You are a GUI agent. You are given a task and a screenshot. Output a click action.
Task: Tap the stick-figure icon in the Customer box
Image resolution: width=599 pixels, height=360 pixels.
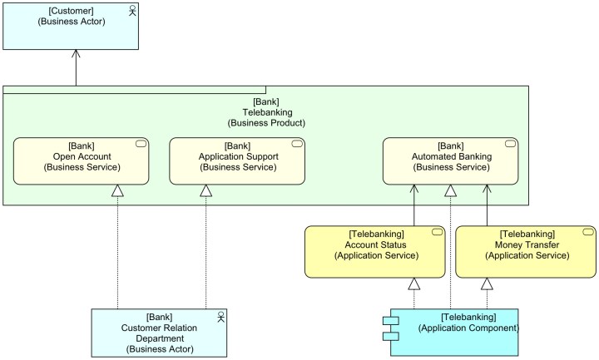tap(131, 9)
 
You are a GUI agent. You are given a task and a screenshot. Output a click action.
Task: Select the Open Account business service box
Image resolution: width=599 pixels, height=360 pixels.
tap(82, 160)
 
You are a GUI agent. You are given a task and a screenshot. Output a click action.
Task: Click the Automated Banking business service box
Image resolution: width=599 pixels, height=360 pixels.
tap(450, 160)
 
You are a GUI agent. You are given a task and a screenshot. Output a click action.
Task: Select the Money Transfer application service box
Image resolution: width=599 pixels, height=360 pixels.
tap(526, 250)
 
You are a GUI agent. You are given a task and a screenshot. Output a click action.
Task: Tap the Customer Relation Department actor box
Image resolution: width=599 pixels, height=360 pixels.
tap(159, 333)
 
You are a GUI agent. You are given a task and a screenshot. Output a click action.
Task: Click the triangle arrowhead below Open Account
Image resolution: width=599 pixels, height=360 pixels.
tap(117, 191)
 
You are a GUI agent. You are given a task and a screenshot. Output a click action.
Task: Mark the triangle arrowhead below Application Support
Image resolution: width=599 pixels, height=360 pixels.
tap(205, 191)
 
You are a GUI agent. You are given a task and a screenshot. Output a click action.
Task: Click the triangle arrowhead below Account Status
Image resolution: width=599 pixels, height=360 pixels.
tap(413, 284)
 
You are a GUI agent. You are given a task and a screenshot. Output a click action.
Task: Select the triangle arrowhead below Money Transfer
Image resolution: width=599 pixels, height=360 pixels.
tap(488, 284)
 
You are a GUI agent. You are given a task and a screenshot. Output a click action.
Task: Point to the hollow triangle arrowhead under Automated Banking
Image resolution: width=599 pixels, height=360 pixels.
tap(450, 191)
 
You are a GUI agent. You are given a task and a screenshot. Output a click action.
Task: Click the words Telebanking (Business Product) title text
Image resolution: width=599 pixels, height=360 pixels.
tap(266, 113)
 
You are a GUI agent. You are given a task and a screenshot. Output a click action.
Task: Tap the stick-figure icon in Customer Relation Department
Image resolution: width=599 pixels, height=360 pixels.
tap(220, 317)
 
